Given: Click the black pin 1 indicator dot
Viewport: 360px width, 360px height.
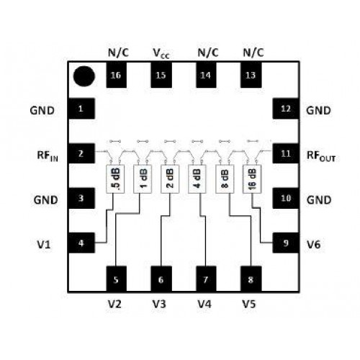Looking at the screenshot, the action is pos(84,76).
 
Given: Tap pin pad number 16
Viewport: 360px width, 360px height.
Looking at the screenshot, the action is pos(116,75).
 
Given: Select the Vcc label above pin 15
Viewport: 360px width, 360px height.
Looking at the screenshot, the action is pos(161,53).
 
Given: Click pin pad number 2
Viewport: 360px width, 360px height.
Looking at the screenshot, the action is pos(81,153).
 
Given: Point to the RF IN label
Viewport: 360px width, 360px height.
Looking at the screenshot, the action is pos(48,156).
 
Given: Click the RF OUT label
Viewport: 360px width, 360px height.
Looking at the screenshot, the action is pos(321,156).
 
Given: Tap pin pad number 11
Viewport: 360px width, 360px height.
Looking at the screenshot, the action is pos(286,153).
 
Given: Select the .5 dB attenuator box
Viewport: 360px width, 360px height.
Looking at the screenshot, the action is pos(115,179).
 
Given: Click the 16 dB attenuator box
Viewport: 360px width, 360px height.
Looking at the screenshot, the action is pos(252,179).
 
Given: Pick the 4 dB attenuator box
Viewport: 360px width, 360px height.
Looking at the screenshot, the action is pos(197,179).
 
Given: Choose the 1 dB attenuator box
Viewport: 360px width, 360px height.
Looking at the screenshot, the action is pos(143,179).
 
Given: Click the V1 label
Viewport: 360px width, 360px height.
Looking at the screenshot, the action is pos(44,245).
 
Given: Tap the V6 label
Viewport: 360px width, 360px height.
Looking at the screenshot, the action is pos(314,245).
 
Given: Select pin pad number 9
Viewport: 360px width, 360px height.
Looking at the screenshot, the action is pos(286,243).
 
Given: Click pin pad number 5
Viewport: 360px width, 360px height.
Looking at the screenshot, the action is pos(116,279).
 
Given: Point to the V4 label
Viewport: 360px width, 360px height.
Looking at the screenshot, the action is pos(204,304).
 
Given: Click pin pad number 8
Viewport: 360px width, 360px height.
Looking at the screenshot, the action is pos(251,279).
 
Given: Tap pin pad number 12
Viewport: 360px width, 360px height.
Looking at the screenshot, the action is pos(286,109).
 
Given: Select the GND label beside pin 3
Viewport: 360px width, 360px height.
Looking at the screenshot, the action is pos(45,199).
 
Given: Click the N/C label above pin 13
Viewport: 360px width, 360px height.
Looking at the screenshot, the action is pos(253,53).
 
